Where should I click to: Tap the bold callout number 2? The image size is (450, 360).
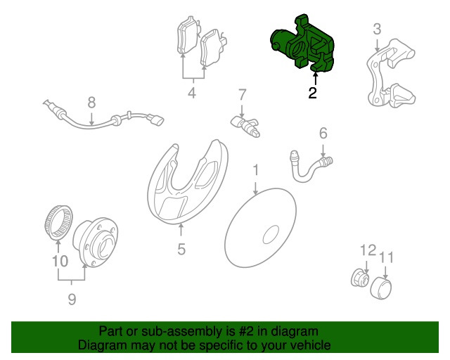point(312,93)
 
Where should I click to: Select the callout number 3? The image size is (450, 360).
point(377,30)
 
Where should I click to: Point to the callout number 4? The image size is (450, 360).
point(192,93)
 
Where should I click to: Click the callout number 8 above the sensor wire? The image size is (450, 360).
point(91,103)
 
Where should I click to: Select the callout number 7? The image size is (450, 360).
point(242,95)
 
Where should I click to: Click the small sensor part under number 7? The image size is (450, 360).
point(246,127)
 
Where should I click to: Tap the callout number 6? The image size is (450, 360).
point(323,134)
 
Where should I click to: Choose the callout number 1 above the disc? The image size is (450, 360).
point(255,170)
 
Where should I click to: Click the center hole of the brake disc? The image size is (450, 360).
point(271,235)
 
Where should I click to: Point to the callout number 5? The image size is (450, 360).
point(181,249)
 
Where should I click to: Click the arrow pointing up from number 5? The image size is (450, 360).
point(181,232)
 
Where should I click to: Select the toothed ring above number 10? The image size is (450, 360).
point(59,222)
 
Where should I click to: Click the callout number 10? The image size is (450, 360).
point(60,262)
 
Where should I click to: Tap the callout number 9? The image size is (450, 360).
point(72,299)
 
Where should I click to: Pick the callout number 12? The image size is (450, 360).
point(368,250)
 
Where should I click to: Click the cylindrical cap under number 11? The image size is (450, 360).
point(381,288)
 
